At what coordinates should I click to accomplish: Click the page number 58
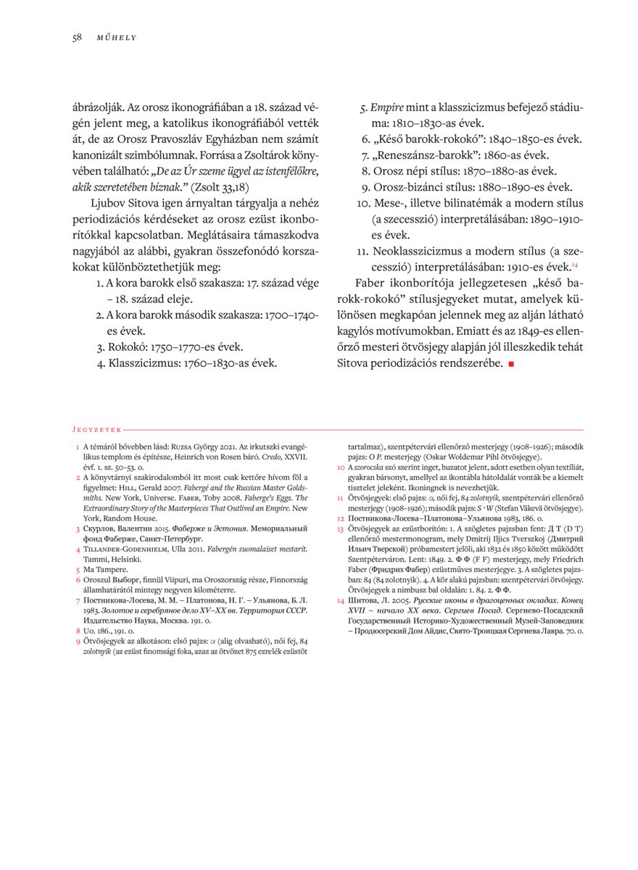(x=76, y=38)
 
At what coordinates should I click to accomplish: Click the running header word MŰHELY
(x=117, y=38)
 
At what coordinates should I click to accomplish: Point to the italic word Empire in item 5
(x=386, y=107)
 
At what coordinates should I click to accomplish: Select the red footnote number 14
(x=341, y=600)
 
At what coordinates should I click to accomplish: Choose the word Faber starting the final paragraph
(x=371, y=283)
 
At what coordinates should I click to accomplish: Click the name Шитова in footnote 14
(x=362, y=600)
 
